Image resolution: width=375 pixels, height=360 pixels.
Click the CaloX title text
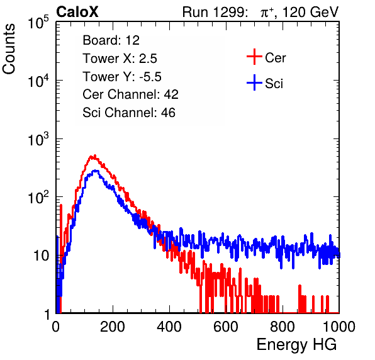[77, 12]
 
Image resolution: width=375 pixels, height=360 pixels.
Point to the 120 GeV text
[311, 12]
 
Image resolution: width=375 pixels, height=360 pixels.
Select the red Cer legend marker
[254, 57]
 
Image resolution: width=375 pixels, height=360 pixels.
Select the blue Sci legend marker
[254, 82]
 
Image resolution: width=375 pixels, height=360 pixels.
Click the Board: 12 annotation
[111, 40]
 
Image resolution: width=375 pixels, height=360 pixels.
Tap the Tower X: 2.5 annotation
[120, 59]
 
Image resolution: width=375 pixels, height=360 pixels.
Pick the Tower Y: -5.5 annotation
[122, 77]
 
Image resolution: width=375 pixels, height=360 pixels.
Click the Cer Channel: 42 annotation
[131, 94]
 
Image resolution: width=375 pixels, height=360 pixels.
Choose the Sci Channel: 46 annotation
[129, 113]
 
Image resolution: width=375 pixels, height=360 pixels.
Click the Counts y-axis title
[9, 49]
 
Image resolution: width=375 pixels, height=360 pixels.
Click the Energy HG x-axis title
[296, 345]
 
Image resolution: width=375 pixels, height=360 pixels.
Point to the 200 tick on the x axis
[113, 327]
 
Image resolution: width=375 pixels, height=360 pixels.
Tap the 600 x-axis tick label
[226, 327]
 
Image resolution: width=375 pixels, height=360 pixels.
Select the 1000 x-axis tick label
[339, 327]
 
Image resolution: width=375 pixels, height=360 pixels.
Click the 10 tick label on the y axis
[41, 256]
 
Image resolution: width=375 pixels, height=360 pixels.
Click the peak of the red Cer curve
[95, 155]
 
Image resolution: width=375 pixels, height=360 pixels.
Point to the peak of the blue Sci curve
[96, 171]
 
